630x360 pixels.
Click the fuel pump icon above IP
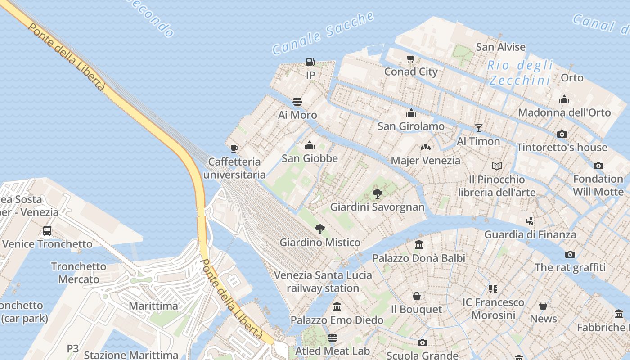[x=310, y=62]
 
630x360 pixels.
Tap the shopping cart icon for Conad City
[x=410, y=59]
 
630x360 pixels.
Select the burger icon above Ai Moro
[x=297, y=102]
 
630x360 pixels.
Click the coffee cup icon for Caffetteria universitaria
[x=234, y=148]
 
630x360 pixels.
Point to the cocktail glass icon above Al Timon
[x=479, y=128]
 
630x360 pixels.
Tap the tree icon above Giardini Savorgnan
[x=378, y=194]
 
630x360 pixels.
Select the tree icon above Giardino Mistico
[x=320, y=229]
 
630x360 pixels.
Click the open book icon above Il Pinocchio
[x=497, y=166]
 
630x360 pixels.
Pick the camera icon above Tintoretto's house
[x=562, y=134]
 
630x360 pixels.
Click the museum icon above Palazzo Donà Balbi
[x=419, y=245]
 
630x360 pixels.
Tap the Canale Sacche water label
[x=323, y=34]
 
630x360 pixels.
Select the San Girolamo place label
[x=411, y=126]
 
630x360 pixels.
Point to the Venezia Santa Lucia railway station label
[x=323, y=282]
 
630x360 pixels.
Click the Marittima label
[x=153, y=306]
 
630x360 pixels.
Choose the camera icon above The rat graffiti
[x=570, y=255]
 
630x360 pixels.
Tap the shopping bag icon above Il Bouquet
[x=417, y=296]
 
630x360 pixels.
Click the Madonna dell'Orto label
[x=564, y=112]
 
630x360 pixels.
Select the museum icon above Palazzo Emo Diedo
[x=337, y=307]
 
